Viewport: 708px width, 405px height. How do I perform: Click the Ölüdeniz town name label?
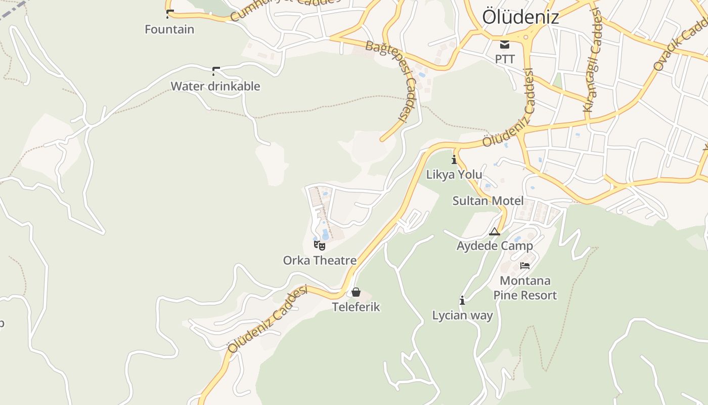click(520, 17)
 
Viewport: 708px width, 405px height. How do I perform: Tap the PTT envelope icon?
click(505, 45)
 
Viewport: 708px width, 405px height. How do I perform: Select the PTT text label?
click(505, 59)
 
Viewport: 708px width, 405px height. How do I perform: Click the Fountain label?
click(169, 29)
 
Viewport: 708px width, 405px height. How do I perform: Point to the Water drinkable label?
click(215, 86)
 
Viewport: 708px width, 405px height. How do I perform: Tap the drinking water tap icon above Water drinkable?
click(216, 71)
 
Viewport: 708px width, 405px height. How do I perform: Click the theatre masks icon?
click(319, 246)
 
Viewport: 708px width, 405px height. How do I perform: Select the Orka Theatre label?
click(320, 261)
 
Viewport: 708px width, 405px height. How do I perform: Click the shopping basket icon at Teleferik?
click(356, 292)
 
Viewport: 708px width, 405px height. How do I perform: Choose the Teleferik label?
click(356, 307)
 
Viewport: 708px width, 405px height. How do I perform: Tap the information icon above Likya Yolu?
click(454, 159)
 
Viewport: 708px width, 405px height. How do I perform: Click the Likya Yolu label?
click(454, 175)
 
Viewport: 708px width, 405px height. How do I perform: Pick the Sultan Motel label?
click(488, 201)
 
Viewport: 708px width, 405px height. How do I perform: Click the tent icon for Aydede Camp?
click(495, 231)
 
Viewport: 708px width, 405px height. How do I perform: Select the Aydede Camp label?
click(495, 246)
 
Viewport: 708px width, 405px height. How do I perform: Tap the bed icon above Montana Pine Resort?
click(525, 265)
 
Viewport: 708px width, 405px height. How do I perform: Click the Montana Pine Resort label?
click(525, 288)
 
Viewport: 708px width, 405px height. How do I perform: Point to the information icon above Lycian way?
click(462, 301)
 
